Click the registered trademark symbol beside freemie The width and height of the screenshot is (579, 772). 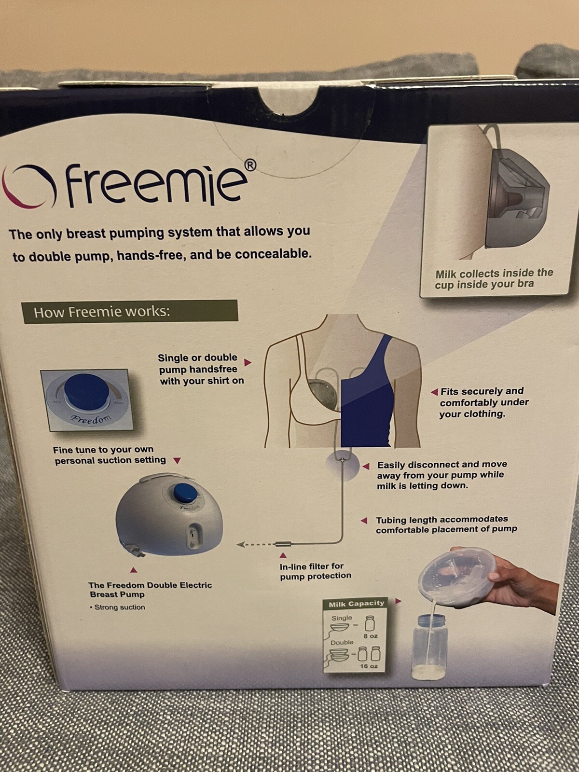pos(250,165)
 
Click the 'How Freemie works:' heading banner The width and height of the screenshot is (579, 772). pos(129,312)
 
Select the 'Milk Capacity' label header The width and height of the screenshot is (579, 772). pos(356,604)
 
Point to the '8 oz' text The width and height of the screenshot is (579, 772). pos(371,636)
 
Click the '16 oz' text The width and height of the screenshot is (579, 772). pos(369,666)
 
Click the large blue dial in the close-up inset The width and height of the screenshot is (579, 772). pos(86,391)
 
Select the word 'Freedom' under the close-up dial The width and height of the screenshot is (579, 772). pos(91,418)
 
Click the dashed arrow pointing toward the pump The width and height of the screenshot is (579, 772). pos(255,544)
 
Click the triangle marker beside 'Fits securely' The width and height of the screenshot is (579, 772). pos(435,391)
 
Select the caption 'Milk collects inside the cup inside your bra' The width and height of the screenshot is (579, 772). pos(494,278)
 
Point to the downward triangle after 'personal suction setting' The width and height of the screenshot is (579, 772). pos(177,460)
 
